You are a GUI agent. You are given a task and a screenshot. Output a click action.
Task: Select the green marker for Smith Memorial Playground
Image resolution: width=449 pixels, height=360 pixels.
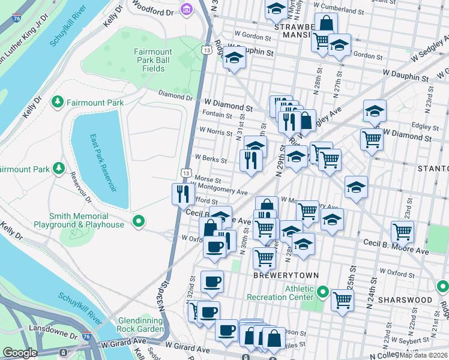(139, 222)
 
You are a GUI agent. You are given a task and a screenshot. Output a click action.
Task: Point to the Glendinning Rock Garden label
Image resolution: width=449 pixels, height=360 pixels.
(141, 325)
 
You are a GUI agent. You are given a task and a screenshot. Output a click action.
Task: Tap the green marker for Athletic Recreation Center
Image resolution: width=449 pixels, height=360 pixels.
(322, 293)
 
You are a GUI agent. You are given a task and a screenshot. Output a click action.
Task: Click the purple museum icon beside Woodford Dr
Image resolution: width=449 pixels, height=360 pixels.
(186, 10)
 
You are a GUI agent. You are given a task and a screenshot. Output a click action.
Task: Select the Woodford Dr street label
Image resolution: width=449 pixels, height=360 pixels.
(152, 11)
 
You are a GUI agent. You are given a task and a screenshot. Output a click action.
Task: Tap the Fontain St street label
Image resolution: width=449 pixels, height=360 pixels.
(217, 115)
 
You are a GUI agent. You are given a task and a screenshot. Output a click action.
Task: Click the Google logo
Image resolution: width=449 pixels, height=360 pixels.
(20, 353)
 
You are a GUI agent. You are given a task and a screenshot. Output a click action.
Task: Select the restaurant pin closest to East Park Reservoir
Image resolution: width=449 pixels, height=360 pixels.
(181, 194)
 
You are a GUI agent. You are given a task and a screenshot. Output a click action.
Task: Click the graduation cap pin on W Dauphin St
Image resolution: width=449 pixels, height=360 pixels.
(234, 59)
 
